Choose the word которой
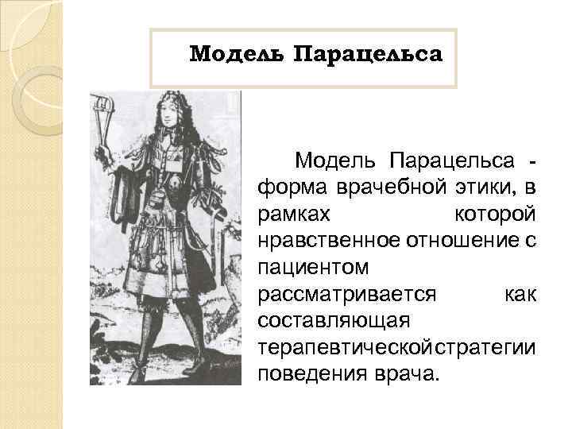click(495, 214)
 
